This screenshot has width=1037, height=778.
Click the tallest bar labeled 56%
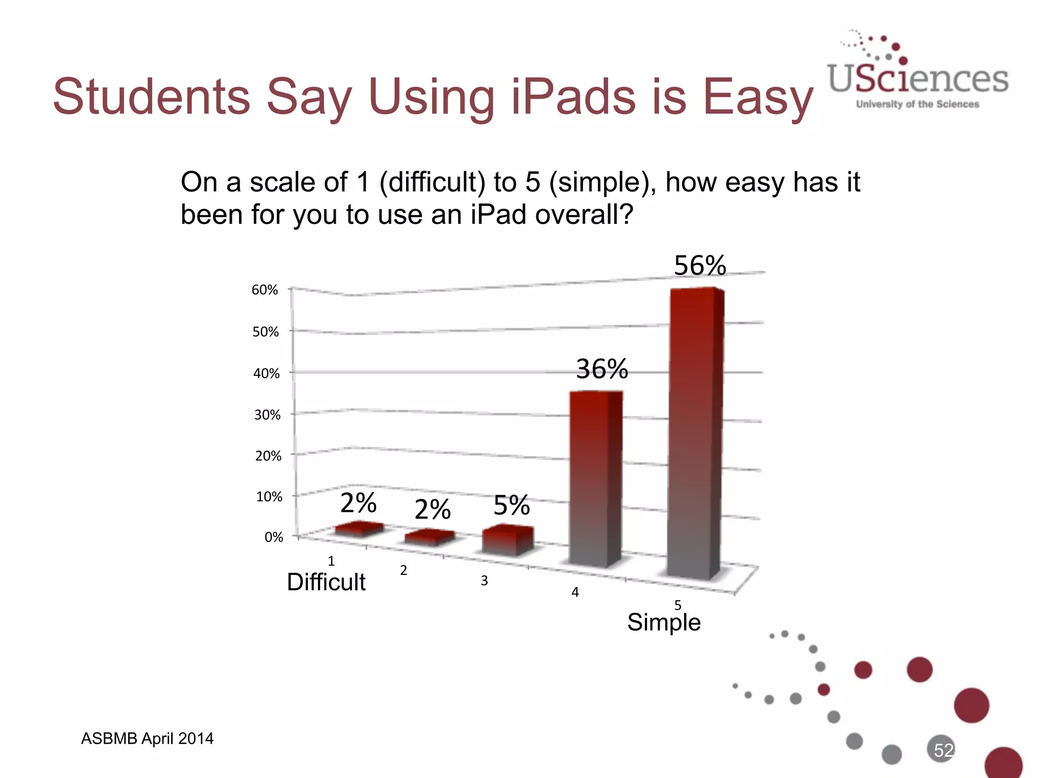(695, 431)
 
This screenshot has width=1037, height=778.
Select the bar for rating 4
(595, 476)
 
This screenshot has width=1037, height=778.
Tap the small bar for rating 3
(507, 540)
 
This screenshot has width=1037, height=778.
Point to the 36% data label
(602, 369)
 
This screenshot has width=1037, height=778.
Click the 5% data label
(511, 505)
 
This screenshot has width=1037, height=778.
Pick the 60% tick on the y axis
(265, 290)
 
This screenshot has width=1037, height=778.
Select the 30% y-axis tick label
(267, 415)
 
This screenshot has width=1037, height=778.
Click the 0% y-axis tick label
(273, 537)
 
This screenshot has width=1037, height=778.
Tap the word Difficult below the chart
(326, 582)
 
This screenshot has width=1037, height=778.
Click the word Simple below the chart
(664, 621)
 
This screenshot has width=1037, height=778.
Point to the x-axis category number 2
(404, 571)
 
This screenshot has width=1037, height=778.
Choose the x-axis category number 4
(575, 592)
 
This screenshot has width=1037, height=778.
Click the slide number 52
(943, 750)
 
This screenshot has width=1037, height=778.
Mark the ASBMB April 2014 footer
(147, 738)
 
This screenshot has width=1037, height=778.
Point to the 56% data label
(700, 265)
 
